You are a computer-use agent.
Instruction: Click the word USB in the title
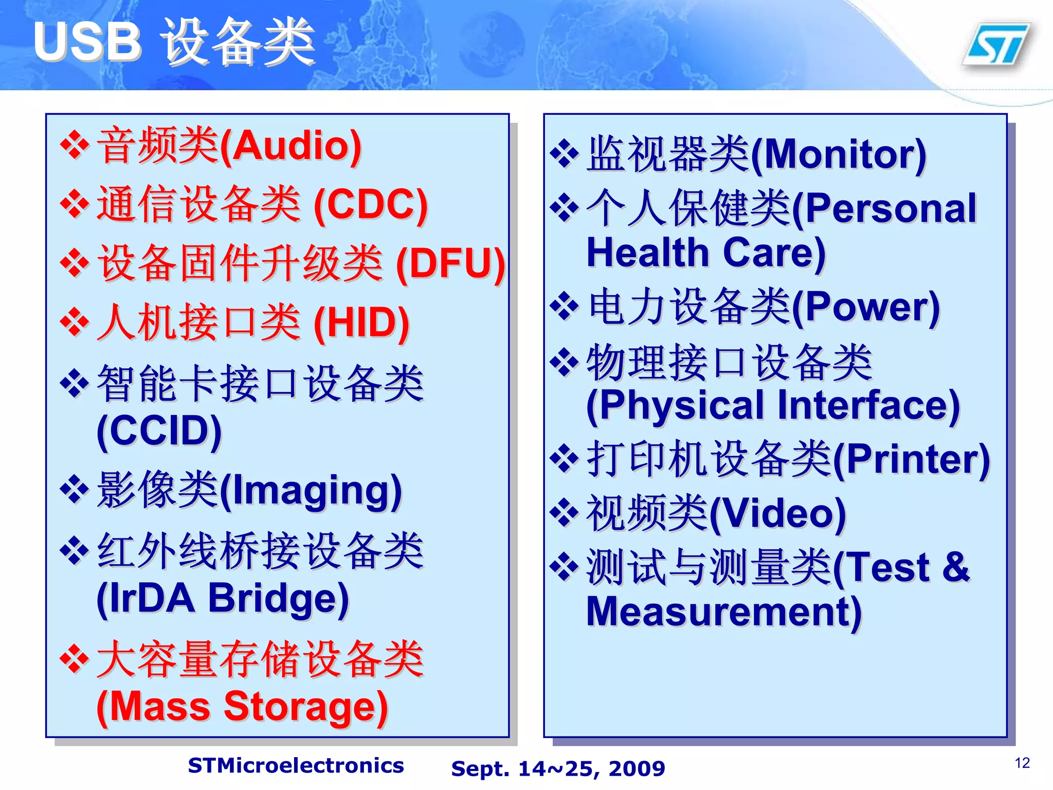tap(87, 42)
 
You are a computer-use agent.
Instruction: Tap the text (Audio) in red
tap(291, 147)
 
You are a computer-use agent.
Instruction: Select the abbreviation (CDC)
tap(371, 205)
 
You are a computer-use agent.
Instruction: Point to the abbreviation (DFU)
tap(450, 264)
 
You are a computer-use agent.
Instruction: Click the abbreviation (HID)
tap(361, 323)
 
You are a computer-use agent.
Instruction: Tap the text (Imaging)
tap(311, 491)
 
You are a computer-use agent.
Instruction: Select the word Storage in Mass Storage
tap(306, 707)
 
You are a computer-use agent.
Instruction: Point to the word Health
tap(647, 253)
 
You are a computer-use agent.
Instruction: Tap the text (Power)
tap(866, 307)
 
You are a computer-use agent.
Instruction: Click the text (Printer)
tap(911, 459)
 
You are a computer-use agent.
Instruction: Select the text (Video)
tap(777, 513)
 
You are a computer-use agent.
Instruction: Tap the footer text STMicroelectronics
tap(296, 766)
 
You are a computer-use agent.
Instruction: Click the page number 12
tap(1022, 763)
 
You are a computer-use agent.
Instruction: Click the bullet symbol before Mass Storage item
tap(75, 660)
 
